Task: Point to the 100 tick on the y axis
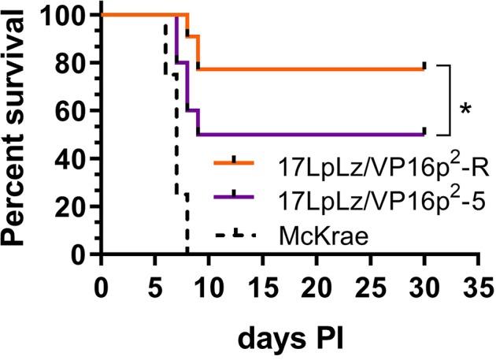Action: click(x=65, y=15)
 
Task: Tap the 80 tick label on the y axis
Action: click(x=72, y=63)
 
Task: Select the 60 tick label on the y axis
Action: click(x=72, y=111)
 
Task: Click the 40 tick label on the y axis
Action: click(x=72, y=159)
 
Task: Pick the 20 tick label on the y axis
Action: click(x=72, y=207)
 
